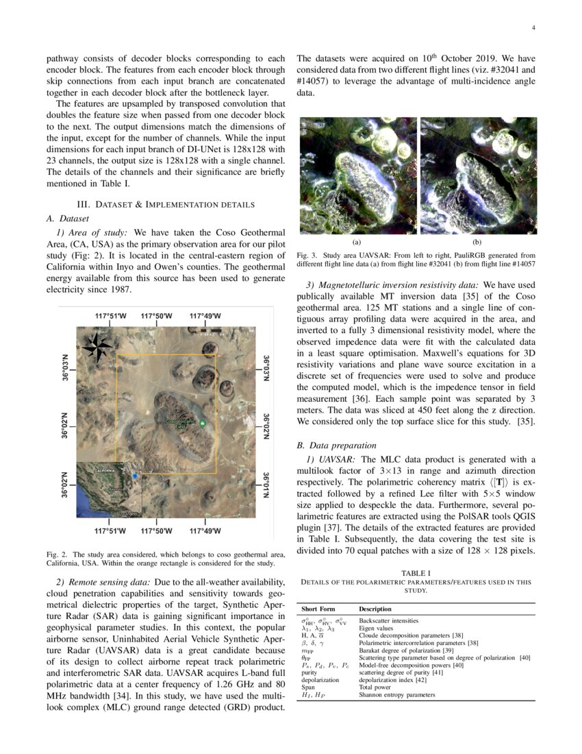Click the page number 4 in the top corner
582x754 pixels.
pos(533,28)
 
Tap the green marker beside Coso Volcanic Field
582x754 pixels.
pos(202,424)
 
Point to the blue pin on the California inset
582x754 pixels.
pos(135,475)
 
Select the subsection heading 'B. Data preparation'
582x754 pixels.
pos(336,444)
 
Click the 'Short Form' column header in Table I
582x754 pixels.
pos(318,609)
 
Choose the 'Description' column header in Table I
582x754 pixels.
pos(375,609)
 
